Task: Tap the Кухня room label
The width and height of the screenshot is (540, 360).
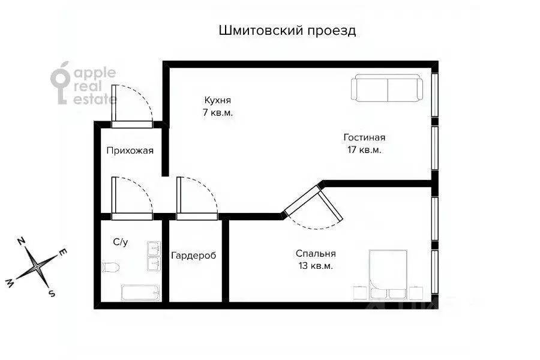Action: click(x=217, y=100)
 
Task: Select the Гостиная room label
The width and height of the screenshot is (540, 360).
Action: click(x=364, y=137)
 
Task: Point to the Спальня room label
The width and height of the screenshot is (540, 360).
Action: click(x=316, y=253)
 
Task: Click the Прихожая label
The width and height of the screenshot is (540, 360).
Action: click(x=130, y=151)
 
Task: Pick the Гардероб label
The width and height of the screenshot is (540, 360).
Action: click(x=193, y=256)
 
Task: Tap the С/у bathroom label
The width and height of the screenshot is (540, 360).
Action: click(x=121, y=242)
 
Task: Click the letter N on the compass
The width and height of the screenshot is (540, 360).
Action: click(x=21, y=241)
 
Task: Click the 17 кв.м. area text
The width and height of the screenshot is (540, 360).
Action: click(x=364, y=150)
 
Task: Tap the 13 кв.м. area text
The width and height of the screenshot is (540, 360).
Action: click(x=316, y=265)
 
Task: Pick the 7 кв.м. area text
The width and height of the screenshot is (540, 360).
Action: click(x=217, y=112)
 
